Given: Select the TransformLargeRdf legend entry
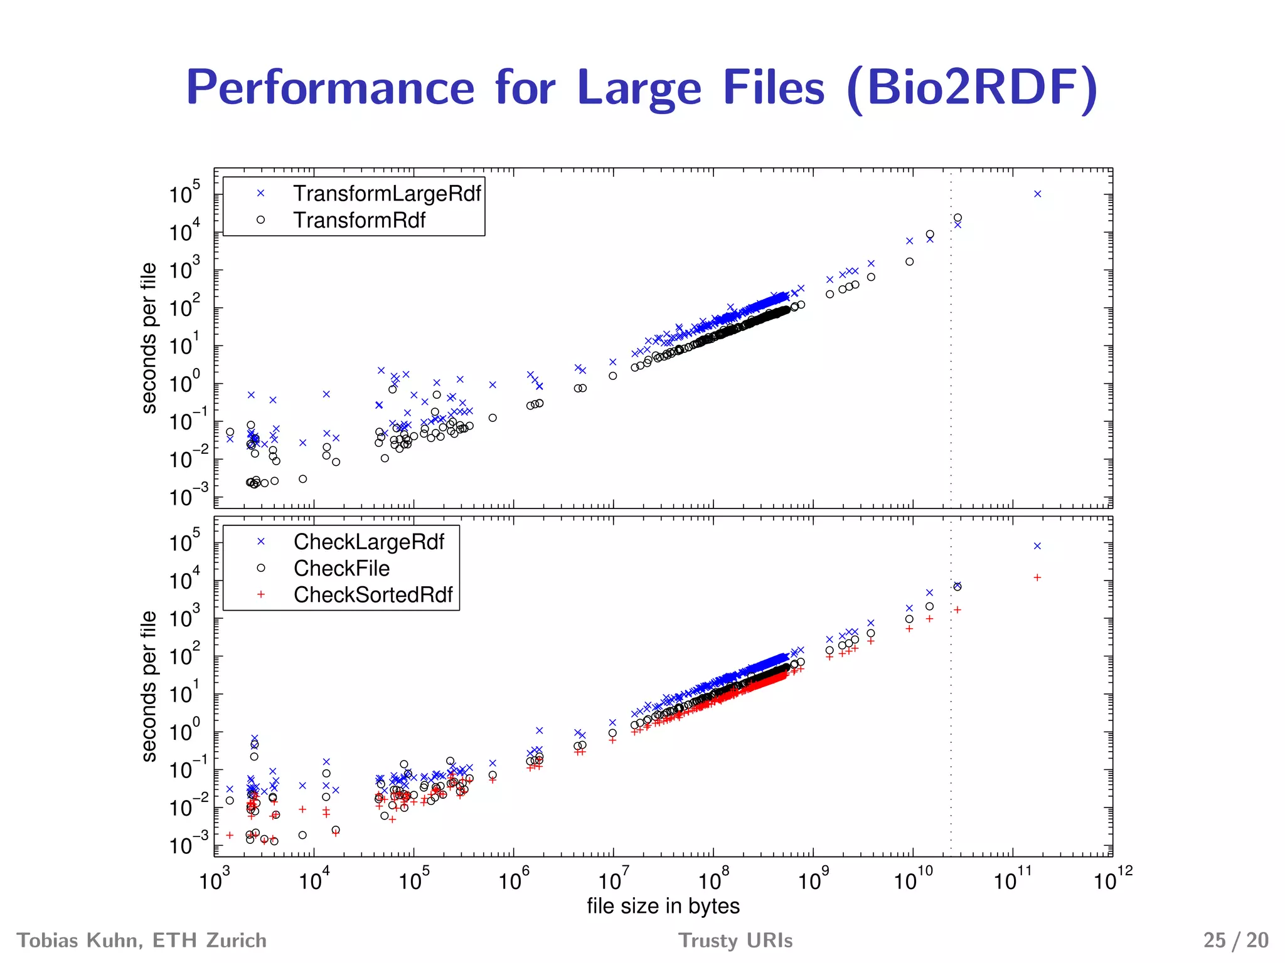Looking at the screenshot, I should click(387, 194).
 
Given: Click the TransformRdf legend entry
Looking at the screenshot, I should click(359, 220).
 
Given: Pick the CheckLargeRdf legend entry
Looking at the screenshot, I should click(368, 542).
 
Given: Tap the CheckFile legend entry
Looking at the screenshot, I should click(341, 568).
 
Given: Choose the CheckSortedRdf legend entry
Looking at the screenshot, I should click(373, 594).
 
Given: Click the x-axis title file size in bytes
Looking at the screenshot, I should click(663, 906).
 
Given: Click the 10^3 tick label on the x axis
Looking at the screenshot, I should click(214, 880).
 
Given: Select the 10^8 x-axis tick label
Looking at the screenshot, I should click(713, 880).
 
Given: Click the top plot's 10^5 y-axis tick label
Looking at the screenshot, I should click(184, 193).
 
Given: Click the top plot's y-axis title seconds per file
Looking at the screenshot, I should click(149, 338).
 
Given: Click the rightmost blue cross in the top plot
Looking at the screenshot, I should click(1037, 194).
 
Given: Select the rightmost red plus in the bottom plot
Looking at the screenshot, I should click(1037, 577).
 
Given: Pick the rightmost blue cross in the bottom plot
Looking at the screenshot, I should click(1037, 546).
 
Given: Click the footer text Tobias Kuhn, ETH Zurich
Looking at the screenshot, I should click(142, 940).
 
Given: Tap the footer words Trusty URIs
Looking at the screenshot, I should click(735, 940).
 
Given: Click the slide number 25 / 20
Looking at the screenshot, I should click(1235, 940).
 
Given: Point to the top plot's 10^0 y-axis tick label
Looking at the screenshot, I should click(184, 382).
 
